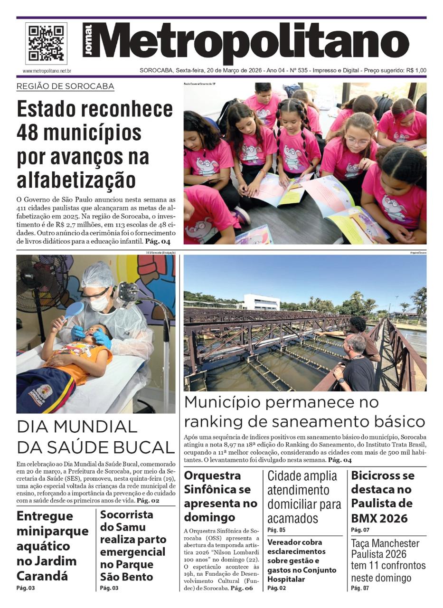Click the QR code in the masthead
(x=46, y=44)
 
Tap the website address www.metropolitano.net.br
(x=47, y=71)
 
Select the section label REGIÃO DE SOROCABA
(x=65, y=86)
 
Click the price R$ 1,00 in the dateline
(x=416, y=71)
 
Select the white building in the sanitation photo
(x=261, y=302)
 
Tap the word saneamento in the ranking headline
(x=313, y=422)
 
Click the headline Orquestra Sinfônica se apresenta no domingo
(x=220, y=496)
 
